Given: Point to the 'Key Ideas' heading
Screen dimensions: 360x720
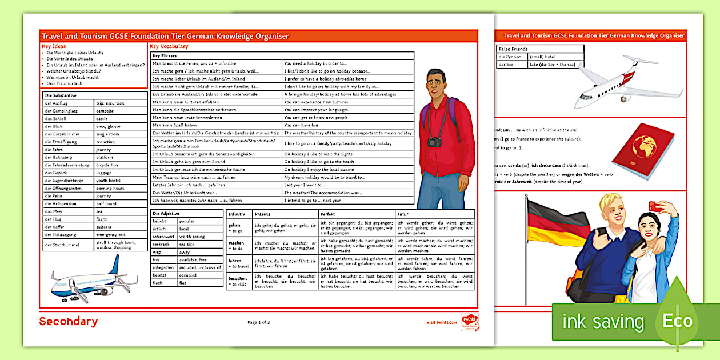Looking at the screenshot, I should [54, 46].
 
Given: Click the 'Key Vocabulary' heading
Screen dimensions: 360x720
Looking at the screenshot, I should [169, 46].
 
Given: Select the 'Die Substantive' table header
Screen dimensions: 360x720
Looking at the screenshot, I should [61, 95].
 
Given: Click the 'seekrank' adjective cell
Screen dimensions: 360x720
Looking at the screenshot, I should [161, 244].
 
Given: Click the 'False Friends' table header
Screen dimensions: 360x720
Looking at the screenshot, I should [513, 49].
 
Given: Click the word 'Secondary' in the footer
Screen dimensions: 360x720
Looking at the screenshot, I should [68, 322].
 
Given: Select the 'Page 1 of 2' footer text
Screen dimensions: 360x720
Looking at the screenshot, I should [259, 322].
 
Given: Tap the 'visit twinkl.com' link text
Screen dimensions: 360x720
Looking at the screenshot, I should [442, 322].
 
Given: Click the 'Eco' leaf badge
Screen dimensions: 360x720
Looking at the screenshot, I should [678, 320].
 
